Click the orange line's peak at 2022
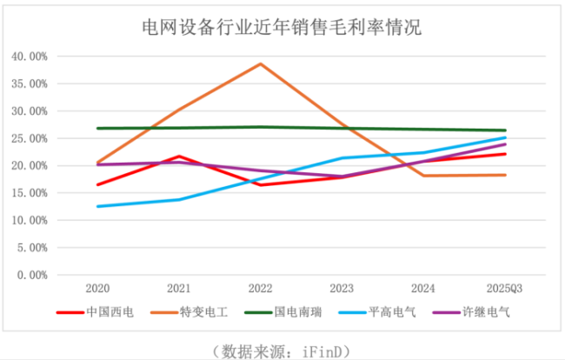tap(261, 63)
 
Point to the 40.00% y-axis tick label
tap(29, 57)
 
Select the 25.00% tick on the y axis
tap(29, 138)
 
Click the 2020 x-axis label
tap(96, 288)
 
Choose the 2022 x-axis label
tap(260, 288)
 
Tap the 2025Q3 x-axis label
tap(505, 288)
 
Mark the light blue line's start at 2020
tap(97, 206)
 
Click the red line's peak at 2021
tap(179, 157)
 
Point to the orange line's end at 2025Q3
tap(506, 175)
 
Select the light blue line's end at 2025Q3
tap(506, 137)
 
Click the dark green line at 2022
tap(261, 127)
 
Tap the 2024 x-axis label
tap(423, 288)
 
